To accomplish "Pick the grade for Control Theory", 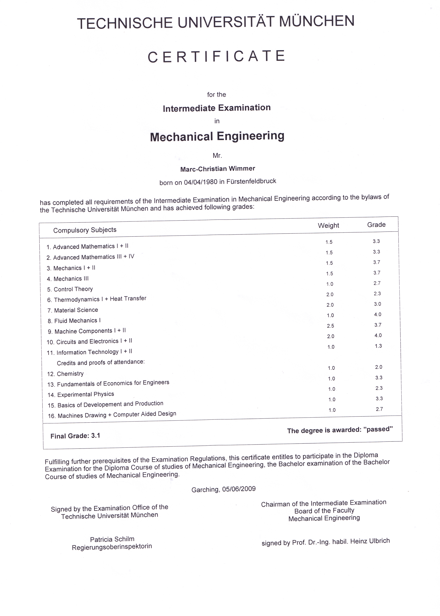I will click(x=377, y=283).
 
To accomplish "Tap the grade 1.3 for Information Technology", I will click(x=378, y=346).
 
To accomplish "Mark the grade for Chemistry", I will click(x=379, y=367).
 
